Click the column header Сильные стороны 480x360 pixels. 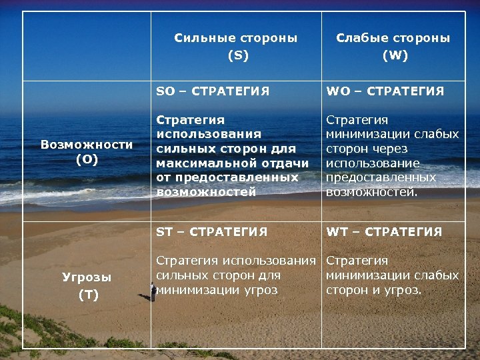[236, 38]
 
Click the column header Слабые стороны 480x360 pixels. [393, 38]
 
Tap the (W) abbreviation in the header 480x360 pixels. [395, 55]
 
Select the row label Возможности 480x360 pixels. [87, 144]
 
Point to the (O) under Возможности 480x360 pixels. [87, 159]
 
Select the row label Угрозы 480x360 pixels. [87, 277]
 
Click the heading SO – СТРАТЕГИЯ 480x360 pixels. [213, 91]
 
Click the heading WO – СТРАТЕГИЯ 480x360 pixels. [385, 91]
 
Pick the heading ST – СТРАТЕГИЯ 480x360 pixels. [211, 232]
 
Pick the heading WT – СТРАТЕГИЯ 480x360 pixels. [384, 232]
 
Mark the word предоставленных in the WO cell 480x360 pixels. [381, 178]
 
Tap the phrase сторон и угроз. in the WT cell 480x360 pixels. [373, 290]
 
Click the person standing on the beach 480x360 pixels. [153, 291]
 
